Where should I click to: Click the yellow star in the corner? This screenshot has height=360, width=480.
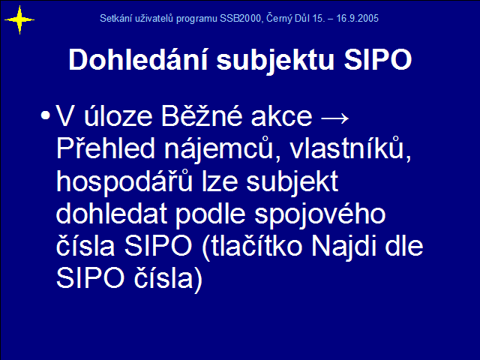(19, 20)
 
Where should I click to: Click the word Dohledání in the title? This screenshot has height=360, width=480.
(138, 59)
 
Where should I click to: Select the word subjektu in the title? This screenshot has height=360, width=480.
(275, 61)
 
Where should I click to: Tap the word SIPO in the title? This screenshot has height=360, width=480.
(378, 59)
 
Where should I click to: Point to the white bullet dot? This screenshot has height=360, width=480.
(45, 115)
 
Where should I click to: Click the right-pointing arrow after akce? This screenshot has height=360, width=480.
(334, 118)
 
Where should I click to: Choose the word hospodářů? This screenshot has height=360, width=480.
(124, 181)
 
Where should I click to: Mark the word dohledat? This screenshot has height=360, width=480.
(112, 213)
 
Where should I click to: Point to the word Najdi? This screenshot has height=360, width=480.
(344, 247)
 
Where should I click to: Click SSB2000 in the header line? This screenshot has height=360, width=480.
(240, 18)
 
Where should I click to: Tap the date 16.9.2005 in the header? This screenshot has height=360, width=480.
(357, 18)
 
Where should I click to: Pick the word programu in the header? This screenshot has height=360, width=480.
(196, 19)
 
